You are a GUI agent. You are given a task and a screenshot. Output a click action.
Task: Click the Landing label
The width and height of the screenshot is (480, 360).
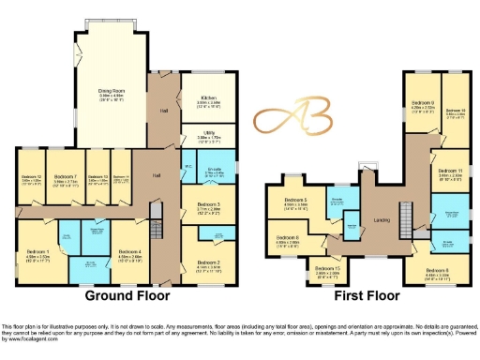point(382,220)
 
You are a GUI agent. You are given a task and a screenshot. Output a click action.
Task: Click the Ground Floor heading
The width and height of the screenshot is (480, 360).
point(127,295)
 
